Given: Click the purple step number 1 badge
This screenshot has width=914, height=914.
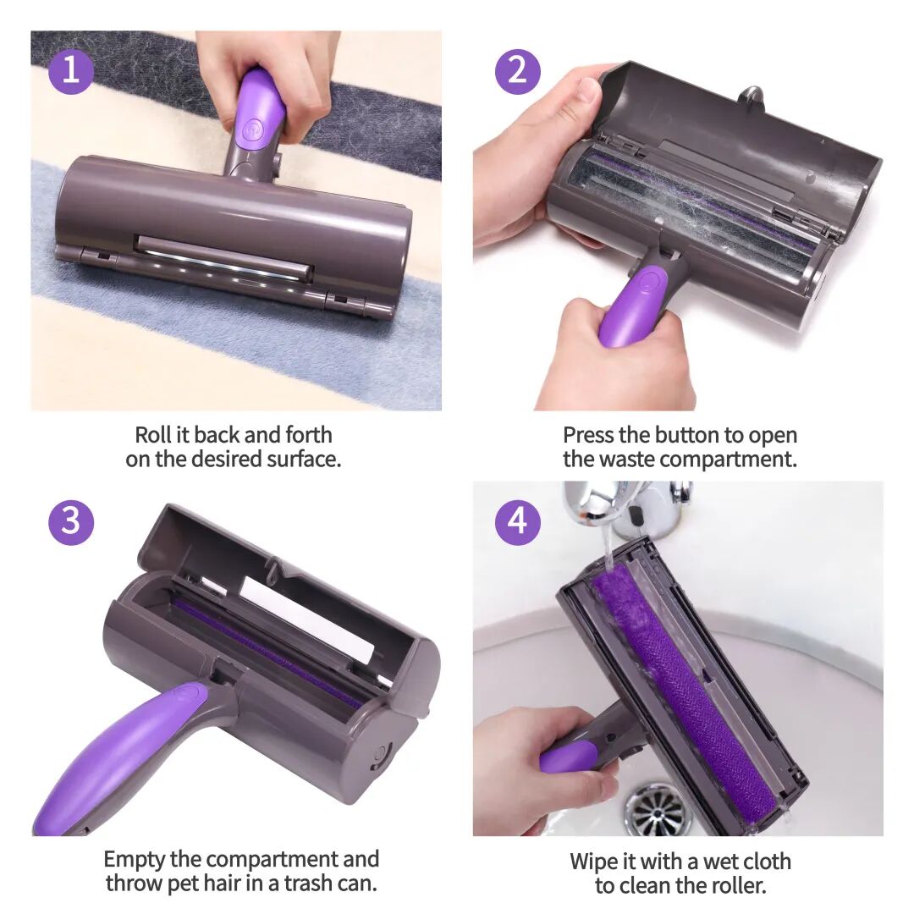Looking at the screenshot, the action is tap(70, 71).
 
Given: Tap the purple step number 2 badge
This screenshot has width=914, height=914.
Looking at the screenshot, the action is tap(518, 71).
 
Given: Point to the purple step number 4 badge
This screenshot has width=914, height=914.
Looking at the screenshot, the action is tap(518, 521).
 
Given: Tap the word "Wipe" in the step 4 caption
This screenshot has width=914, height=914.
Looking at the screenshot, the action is tap(592, 862).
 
